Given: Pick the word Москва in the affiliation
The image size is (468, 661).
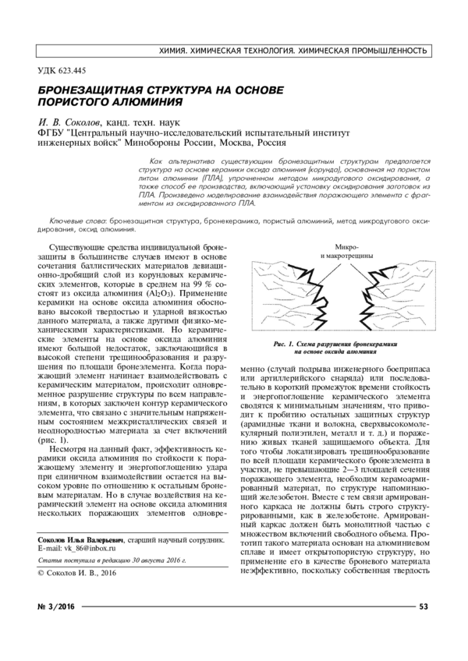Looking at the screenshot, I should pyautogui.click(x=234, y=143).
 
